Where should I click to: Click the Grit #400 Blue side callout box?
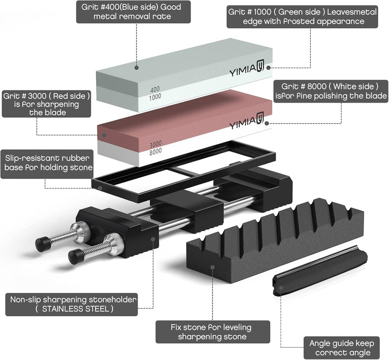click(x=133, y=12)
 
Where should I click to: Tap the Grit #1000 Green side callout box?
click(x=303, y=17)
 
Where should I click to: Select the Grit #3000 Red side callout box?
click(x=46, y=104)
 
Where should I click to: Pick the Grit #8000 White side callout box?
click(x=331, y=91)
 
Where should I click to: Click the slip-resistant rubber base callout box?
click(x=47, y=164)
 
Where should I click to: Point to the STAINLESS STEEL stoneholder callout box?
click(x=71, y=304)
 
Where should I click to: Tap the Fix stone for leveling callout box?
click(x=213, y=332)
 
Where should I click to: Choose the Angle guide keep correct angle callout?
click(x=341, y=348)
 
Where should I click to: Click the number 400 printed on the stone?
click(x=155, y=89)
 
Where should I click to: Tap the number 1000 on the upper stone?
click(x=155, y=97)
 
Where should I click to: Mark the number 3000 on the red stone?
click(x=156, y=143)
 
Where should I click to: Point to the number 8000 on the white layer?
click(x=156, y=151)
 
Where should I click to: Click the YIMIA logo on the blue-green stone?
click(x=246, y=70)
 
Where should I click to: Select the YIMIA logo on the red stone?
click(x=246, y=122)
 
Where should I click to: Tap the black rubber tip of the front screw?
click(x=76, y=257)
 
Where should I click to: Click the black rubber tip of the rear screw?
click(x=43, y=244)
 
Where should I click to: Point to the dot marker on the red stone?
click(x=104, y=135)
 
